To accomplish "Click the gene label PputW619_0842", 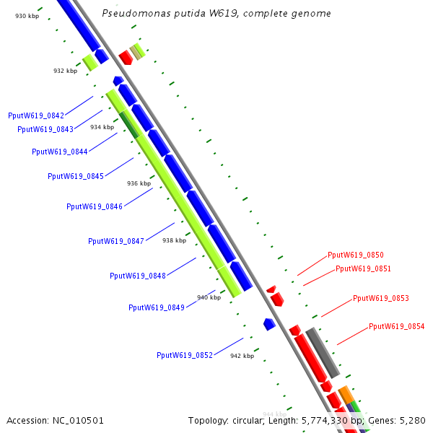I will click(x=36, y=115).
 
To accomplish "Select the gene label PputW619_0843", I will click(x=45, y=129).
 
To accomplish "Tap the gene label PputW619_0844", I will click(x=60, y=152).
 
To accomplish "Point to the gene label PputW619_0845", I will click(x=76, y=176).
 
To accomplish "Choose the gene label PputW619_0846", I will click(x=95, y=206).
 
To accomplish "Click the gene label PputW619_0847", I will click(x=116, y=241).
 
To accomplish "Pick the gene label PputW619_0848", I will click(x=138, y=276).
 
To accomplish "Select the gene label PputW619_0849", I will click(x=157, y=307).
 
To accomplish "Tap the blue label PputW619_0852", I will click(x=185, y=355).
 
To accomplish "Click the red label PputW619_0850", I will click(x=356, y=255).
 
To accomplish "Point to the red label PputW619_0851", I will click(x=363, y=269).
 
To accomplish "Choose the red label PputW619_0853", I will click(x=381, y=299).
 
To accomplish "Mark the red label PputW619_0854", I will click(x=397, y=326).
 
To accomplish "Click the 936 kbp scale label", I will click(x=139, y=184).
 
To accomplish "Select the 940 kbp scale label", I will click(x=209, y=297).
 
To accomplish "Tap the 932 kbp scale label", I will click(x=65, y=71).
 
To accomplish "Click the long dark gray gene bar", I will click(x=323, y=353).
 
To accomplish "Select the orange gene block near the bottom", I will click(x=346, y=394).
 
